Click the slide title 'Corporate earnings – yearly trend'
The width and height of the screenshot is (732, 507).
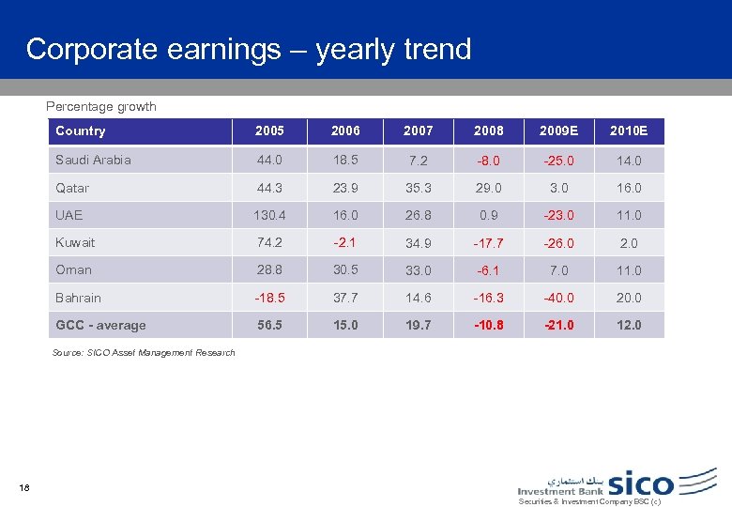point(249,49)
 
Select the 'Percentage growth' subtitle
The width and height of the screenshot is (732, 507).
point(101,106)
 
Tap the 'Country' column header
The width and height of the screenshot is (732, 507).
point(81,131)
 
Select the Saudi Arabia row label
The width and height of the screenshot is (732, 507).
point(94,160)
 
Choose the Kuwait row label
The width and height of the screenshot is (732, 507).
point(75,242)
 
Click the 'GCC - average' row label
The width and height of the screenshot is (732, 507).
point(100,325)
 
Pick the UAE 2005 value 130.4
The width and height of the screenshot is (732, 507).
point(269,215)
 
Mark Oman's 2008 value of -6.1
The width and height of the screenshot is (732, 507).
point(489,269)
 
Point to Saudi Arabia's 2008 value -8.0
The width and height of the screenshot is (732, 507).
point(489,161)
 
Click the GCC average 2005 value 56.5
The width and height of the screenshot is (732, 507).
point(269,325)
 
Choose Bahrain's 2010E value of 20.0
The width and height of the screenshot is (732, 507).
point(628,298)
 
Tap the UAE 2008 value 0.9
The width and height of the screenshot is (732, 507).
point(489,215)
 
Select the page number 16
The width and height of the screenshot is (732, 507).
point(24,486)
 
